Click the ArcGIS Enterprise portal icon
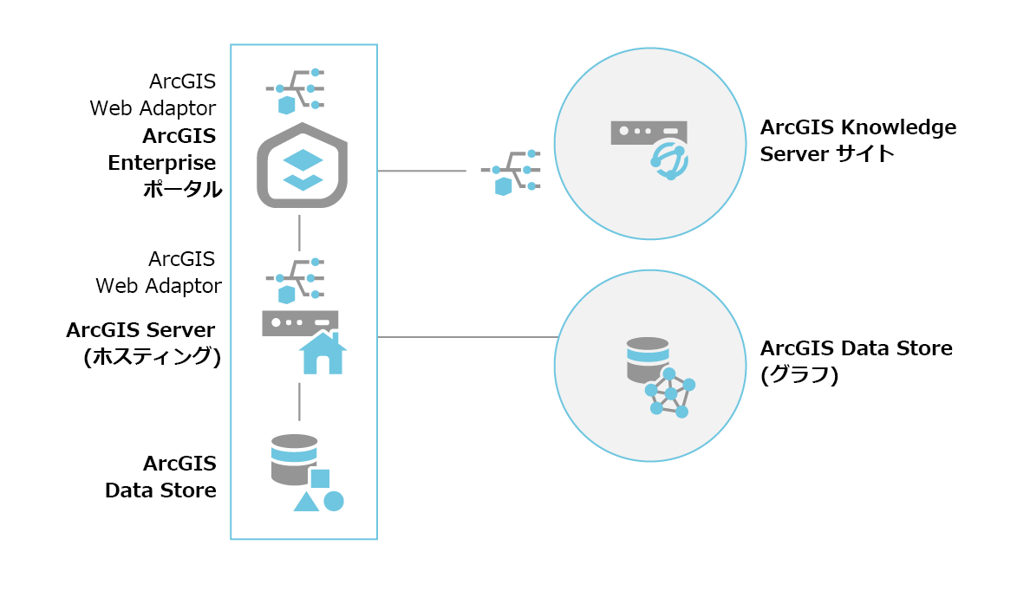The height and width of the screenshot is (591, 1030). click(303, 166)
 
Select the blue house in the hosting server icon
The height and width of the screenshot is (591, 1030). click(323, 353)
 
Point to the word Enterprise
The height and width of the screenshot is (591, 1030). click(162, 162)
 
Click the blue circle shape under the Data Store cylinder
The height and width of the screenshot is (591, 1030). click(334, 501)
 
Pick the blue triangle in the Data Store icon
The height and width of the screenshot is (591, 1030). click(306, 502)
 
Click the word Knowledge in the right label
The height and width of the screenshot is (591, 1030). click(902, 127)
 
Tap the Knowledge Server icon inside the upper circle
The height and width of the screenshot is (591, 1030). click(651, 148)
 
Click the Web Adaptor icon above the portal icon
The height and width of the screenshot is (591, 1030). click(295, 89)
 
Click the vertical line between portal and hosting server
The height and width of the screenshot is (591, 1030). click(299, 232)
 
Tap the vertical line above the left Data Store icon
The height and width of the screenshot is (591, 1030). click(299, 401)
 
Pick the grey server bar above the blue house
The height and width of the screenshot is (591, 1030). click(299, 322)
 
